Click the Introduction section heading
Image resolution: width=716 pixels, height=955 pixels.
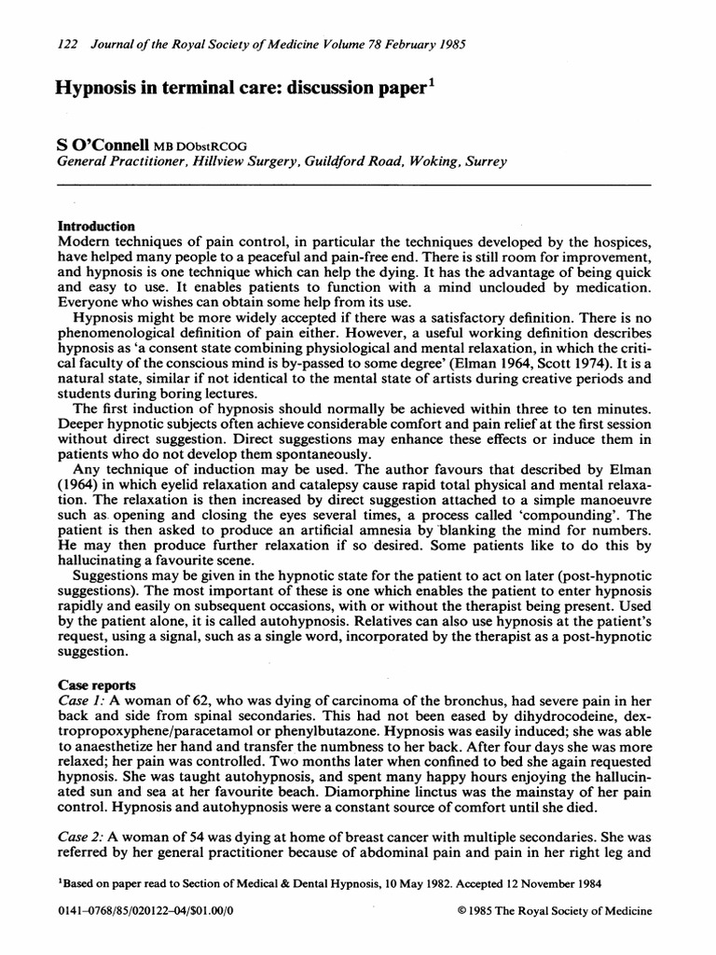pos(97,227)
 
